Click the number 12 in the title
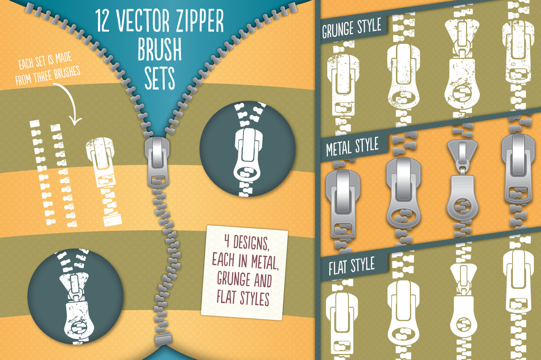pos(103,21)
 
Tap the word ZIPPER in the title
pos(200,21)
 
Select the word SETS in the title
pos(160,79)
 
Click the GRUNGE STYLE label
pos(352,28)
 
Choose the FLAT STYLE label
pos(352,266)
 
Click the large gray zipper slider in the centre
pos(157,162)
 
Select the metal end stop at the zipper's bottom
pos(163,339)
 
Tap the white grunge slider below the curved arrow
pos(101,162)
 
